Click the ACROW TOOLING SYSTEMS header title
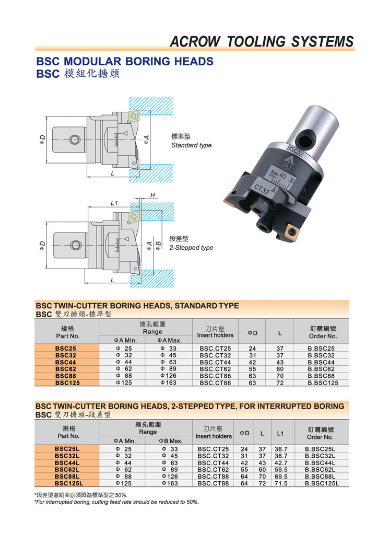[262, 41]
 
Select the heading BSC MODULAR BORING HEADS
[125, 61]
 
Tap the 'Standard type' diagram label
[192, 145]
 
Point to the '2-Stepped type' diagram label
[192, 248]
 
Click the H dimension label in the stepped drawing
[152, 195]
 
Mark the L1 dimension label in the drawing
[114, 203]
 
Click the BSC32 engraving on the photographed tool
[296, 151]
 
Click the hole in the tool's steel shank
[306, 141]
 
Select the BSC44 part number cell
[66, 362]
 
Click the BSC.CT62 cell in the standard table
[215, 369]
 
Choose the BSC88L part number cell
[67, 477]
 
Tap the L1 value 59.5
[281, 470]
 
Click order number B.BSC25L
[320, 449]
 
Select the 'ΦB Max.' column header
[171, 440]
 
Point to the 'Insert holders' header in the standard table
[215, 335]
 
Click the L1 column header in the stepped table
[280, 433]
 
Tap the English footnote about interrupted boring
[117, 502]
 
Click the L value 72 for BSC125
[280, 383]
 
